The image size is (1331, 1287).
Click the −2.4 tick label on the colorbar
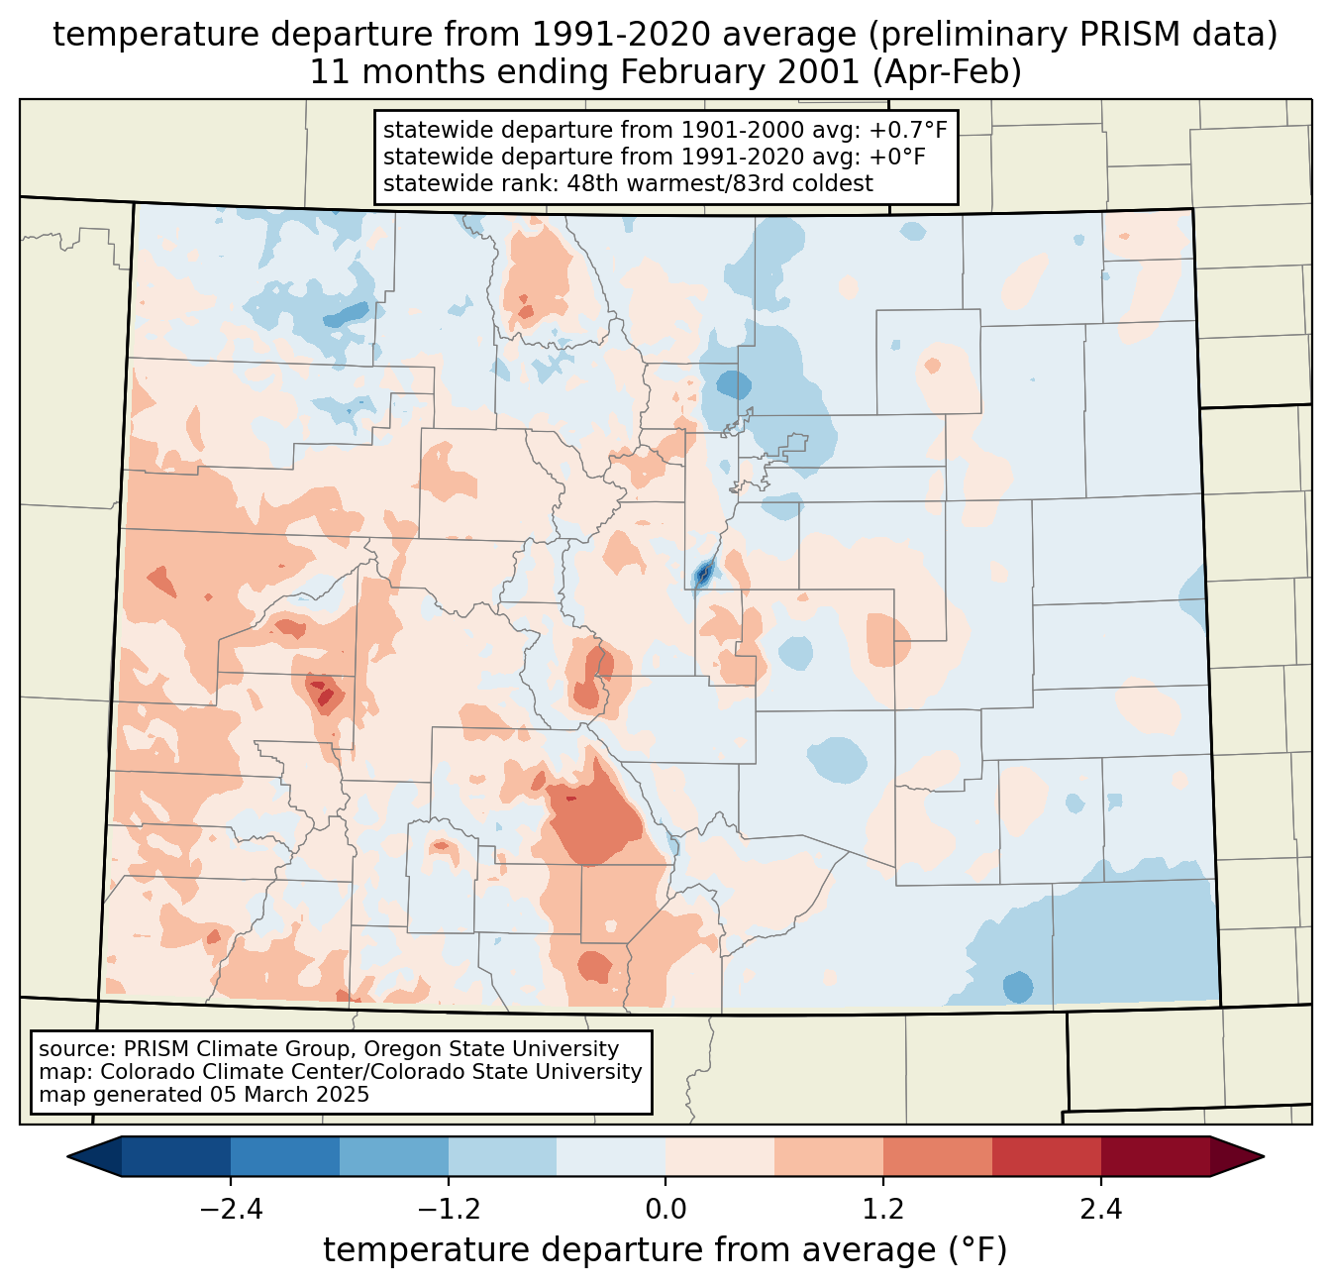(231, 1210)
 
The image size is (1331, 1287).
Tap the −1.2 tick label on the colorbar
(449, 1210)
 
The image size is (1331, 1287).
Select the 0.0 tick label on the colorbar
(665, 1210)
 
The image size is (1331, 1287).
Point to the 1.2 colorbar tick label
(883, 1210)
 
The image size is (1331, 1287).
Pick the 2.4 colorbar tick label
(1100, 1210)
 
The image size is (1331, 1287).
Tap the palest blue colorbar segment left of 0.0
(611, 1156)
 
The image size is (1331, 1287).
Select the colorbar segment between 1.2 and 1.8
(937, 1156)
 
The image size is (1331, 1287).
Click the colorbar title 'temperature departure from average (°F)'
(665, 1250)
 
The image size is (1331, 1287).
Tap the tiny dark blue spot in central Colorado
(703, 573)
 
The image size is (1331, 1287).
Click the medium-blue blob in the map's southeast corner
(1017, 987)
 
